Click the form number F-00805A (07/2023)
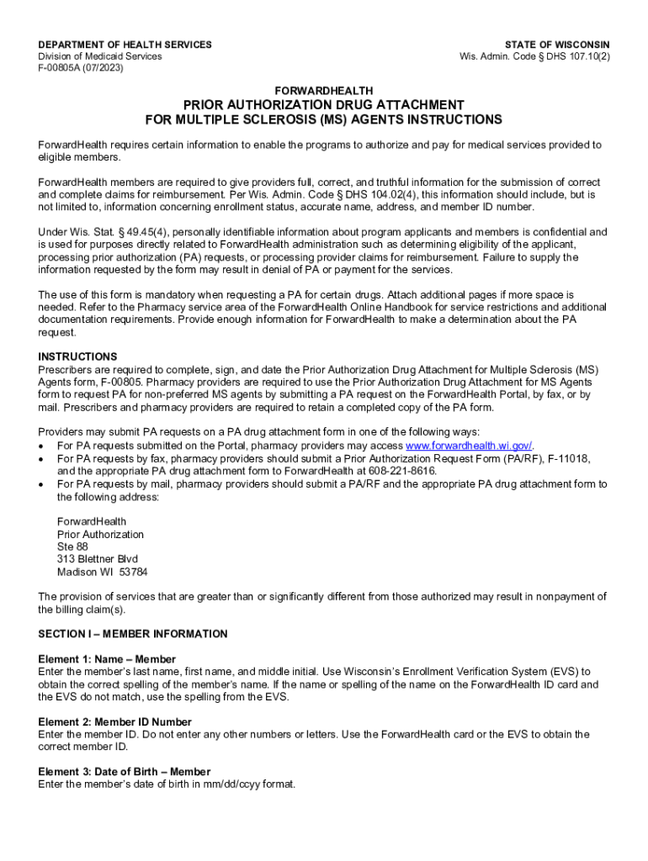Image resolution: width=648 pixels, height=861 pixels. [81, 68]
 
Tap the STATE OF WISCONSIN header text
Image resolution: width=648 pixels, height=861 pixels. [557, 45]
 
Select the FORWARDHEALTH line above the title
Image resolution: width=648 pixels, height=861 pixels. [324, 90]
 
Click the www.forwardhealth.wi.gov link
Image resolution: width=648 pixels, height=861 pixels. [469, 446]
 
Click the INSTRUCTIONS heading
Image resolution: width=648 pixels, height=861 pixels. [77, 357]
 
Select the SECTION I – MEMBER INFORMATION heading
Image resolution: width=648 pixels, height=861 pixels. [132, 633]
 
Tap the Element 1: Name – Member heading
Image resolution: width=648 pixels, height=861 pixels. [107, 659]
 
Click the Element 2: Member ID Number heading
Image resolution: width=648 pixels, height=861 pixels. [114, 721]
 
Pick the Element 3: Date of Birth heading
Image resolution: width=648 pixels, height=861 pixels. [124, 771]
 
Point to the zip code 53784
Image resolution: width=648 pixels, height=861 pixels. [133, 572]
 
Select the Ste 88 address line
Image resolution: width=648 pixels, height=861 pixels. [72, 547]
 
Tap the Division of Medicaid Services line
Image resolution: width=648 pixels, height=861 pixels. [100, 56]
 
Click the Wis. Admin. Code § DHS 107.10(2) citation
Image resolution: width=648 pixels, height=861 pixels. [534, 56]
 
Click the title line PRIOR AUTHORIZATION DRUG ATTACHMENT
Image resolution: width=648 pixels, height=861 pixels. [324, 104]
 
